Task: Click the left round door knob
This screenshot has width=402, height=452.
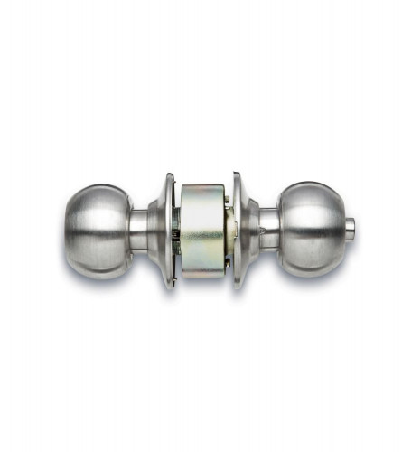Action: pos(97,230)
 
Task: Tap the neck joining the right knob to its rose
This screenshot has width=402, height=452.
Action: pos(267,228)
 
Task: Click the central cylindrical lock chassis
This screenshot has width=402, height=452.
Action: pos(202,231)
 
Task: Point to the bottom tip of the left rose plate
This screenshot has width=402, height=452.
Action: pos(169,288)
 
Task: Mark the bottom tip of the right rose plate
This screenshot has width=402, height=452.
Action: pos(237,287)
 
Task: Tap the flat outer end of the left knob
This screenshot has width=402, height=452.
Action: pos(70,230)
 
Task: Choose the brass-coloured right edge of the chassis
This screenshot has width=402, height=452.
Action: pos(227,231)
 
